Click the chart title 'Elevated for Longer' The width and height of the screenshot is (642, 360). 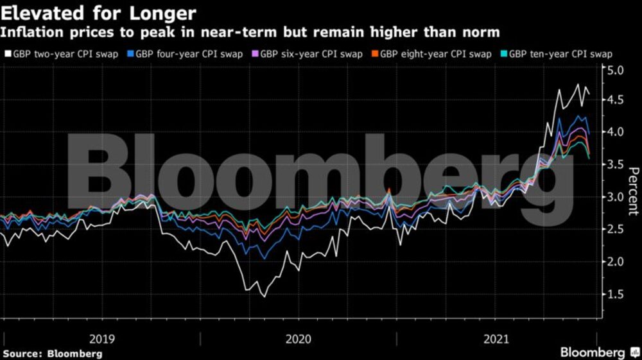[x=100, y=12]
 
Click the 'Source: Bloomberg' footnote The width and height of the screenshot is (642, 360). [x=52, y=354]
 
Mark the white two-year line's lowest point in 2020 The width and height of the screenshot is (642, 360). [x=263, y=296]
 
